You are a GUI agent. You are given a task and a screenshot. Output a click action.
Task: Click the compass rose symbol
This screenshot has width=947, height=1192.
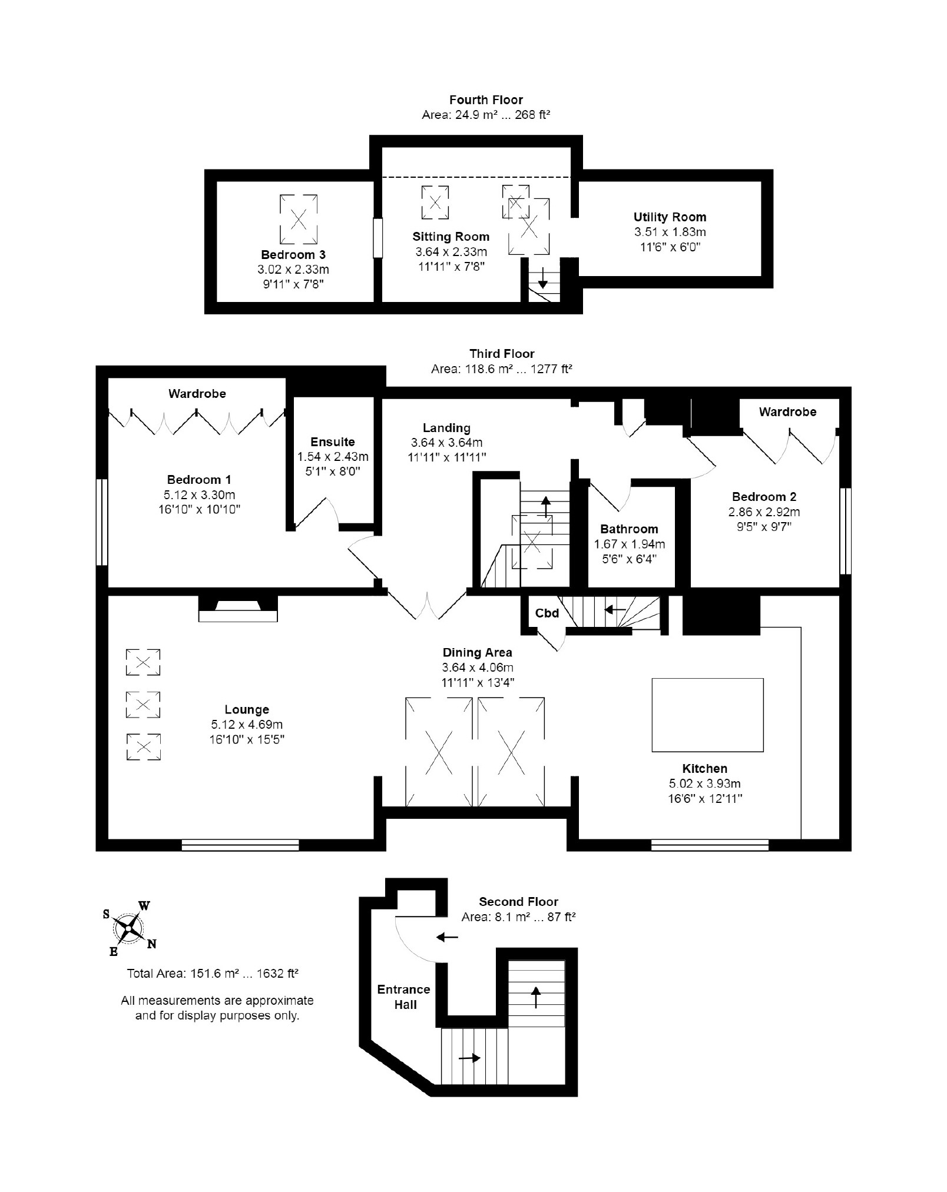(x=128, y=929)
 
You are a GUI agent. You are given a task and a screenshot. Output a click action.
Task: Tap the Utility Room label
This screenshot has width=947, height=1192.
(x=670, y=217)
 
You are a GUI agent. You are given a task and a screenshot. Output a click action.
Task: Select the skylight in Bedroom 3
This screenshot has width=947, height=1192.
(x=298, y=219)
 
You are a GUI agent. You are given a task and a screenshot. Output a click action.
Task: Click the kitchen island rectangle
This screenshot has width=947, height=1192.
(x=707, y=715)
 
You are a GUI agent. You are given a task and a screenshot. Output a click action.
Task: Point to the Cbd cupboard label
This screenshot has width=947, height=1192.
(x=547, y=613)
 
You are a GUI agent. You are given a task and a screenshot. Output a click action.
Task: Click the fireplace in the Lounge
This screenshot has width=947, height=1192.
(x=237, y=609)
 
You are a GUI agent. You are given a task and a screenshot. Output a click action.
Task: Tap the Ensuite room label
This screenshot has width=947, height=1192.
(x=333, y=441)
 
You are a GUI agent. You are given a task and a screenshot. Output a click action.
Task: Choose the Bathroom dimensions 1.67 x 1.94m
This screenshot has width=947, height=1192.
(x=629, y=544)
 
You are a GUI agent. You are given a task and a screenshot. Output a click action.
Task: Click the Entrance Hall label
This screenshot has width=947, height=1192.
(x=404, y=997)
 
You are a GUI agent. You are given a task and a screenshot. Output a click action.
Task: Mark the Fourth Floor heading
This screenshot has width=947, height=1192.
(x=486, y=100)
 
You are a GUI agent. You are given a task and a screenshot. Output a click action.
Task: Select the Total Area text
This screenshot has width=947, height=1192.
(x=213, y=973)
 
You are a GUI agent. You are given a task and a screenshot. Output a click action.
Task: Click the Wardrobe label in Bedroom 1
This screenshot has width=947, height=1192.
(x=197, y=393)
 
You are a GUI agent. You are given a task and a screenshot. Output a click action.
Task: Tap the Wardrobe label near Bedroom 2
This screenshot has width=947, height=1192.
(x=787, y=411)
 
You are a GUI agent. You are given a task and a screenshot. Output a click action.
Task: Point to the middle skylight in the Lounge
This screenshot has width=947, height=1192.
(x=143, y=704)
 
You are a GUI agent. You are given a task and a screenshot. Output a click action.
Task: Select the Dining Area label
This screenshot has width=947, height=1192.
(x=477, y=652)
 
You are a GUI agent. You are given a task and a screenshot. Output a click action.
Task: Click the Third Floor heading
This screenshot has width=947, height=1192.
(x=502, y=354)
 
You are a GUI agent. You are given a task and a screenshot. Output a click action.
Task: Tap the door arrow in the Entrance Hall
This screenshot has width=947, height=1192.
(x=448, y=937)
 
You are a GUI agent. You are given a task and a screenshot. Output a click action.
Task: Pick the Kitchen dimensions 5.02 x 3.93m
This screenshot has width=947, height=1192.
(x=704, y=783)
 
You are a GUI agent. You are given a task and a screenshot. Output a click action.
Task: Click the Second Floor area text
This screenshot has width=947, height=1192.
(x=518, y=917)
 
